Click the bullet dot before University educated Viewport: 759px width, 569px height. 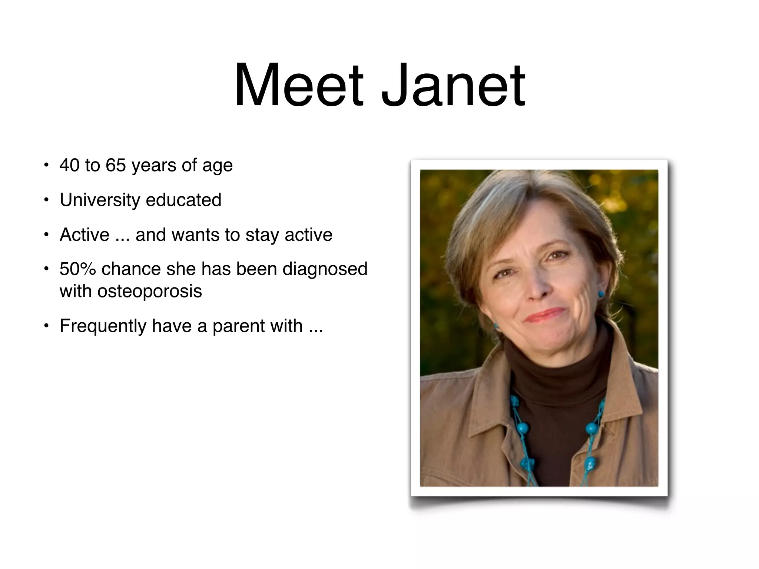[46, 200]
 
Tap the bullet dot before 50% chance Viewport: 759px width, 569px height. [46, 269]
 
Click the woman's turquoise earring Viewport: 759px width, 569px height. [601, 295]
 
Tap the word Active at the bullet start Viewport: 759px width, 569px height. [84, 235]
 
